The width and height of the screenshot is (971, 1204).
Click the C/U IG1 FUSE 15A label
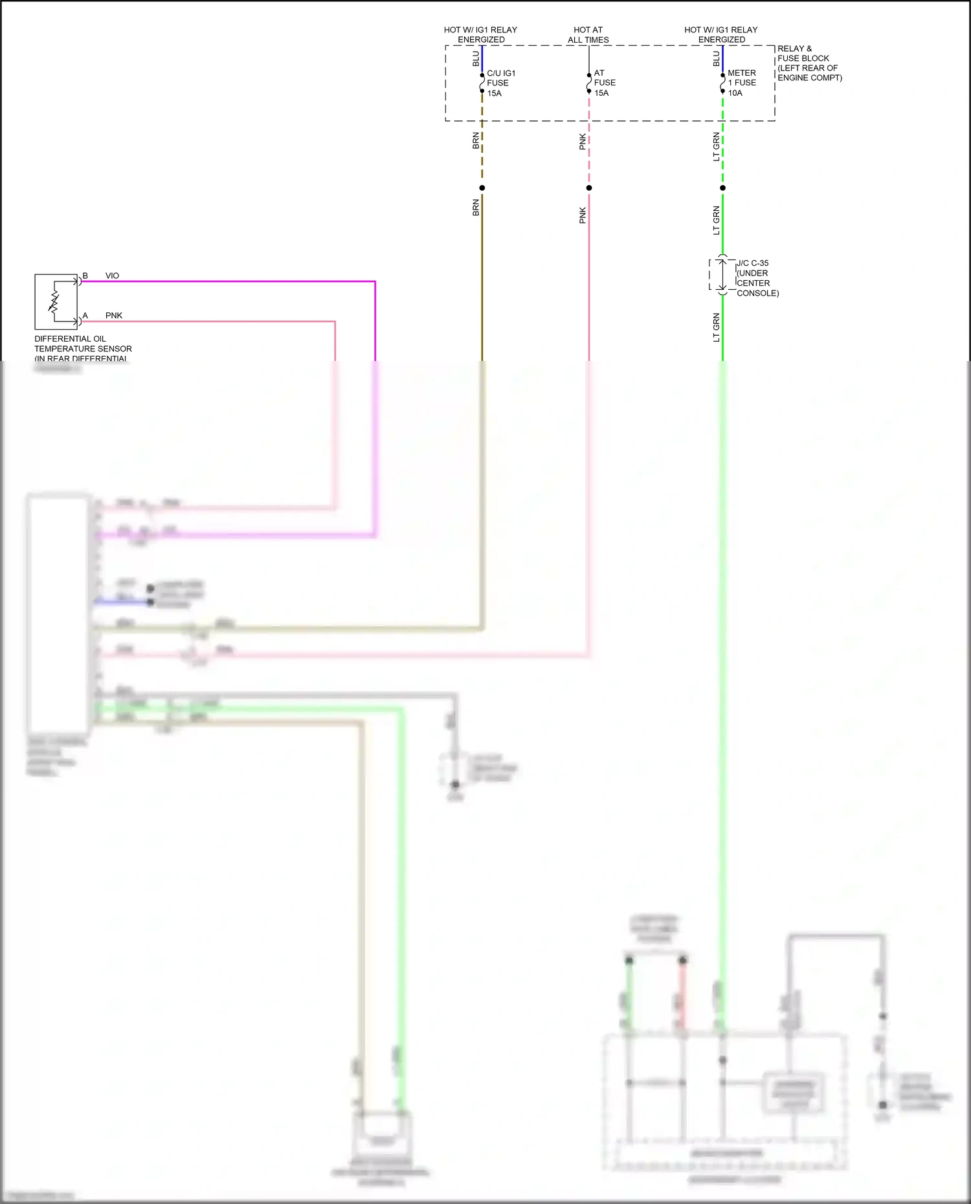(500, 83)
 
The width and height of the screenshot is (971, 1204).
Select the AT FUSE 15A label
(605, 83)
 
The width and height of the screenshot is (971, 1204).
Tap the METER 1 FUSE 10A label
(741, 83)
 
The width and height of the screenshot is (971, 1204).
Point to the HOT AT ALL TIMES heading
(588, 35)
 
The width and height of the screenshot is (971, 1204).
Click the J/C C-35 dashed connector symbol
(722, 275)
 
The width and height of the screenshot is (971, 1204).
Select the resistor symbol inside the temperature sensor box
(54, 301)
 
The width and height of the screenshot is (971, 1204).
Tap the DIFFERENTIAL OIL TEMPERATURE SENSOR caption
(82, 348)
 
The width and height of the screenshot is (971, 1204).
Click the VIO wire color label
(112, 276)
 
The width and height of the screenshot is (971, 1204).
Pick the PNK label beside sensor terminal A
(114, 316)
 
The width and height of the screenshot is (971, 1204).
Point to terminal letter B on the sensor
(85, 276)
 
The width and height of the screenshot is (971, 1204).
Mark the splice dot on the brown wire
(482, 188)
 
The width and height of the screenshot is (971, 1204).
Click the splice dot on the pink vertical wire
(588, 188)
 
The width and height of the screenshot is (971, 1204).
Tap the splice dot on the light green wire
(722, 188)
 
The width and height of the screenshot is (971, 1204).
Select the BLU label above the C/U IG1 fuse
(476, 59)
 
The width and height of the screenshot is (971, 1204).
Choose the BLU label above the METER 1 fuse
(716, 59)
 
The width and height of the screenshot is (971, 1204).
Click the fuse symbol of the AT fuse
(588, 83)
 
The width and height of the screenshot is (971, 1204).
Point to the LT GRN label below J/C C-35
(716, 327)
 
